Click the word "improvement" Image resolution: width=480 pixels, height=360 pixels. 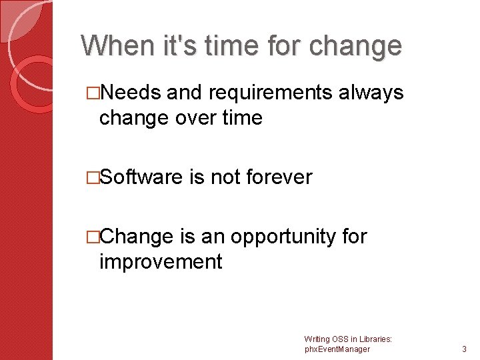pos(160,261)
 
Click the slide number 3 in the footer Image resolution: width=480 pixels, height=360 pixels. pos(464,349)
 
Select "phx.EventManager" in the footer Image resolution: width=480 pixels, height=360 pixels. pos(337,349)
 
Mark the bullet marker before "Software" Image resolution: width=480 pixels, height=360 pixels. pos(93,178)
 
